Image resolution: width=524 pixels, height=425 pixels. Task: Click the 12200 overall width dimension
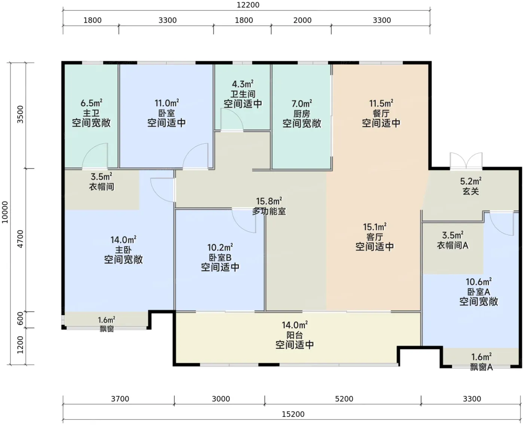[x=248, y=5]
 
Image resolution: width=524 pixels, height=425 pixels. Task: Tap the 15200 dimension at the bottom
[x=293, y=414]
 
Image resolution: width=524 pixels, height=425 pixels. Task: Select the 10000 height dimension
[x=5, y=212]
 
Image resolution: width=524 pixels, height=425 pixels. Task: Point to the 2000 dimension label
[x=302, y=20]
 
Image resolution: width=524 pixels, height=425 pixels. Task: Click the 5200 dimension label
[x=344, y=399]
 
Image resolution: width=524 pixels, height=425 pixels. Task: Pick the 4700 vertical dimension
[x=21, y=239]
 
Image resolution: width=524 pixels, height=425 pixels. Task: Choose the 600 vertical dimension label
[x=21, y=318]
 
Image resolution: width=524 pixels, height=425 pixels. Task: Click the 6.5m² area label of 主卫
[x=91, y=103]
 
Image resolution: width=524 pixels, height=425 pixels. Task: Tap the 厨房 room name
[x=302, y=114]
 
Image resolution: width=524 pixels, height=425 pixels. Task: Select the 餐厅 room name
[x=381, y=113]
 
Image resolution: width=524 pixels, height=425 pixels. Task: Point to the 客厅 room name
[x=375, y=237]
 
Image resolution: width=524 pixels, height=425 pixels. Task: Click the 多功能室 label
[x=269, y=211]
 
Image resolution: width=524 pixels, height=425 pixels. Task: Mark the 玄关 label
[x=470, y=191]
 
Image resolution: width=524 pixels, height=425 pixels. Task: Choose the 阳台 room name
[x=295, y=335]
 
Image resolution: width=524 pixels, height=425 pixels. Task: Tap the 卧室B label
[x=220, y=258]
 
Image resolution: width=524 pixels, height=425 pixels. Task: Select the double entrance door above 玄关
[x=466, y=161]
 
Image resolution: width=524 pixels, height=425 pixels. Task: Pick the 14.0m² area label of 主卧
[x=123, y=240]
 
